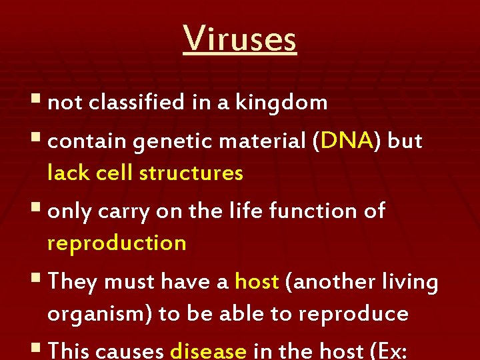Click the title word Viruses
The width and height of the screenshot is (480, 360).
coord(240,38)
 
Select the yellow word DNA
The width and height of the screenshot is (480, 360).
coord(346,141)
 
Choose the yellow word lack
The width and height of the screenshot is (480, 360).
coord(69,173)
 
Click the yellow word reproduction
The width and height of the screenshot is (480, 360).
coord(117,243)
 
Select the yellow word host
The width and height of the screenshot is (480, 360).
coord(257,282)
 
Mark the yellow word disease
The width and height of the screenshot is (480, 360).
coord(209,351)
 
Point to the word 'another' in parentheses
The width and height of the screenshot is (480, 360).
coord(326,282)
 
